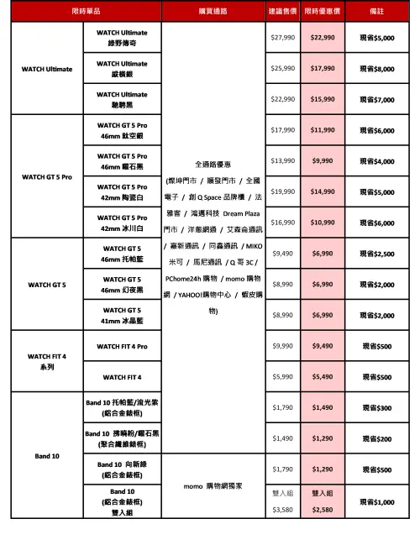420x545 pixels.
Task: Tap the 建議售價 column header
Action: coord(282,11)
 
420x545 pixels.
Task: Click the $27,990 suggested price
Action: coord(282,38)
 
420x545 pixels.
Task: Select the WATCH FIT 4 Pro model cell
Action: coord(123,346)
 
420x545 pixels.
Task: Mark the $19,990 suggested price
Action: coord(282,191)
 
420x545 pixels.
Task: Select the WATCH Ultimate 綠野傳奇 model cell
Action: coord(123,38)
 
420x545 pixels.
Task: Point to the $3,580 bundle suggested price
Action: coord(282,510)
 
